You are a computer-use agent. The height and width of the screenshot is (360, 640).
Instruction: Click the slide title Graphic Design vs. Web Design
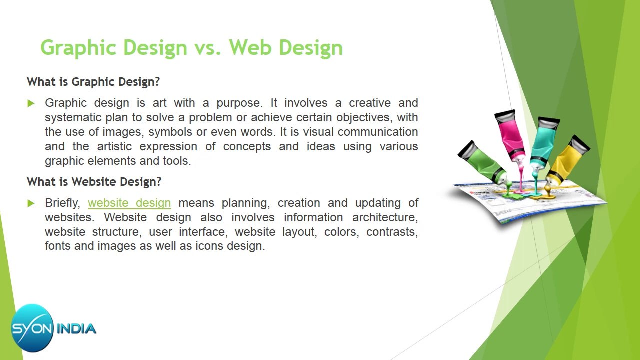point(191,48)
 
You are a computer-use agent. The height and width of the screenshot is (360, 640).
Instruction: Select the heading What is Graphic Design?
point(93,82)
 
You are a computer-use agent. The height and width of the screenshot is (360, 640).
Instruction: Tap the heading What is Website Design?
point(94,182)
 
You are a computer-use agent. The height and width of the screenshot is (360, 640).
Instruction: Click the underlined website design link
point(129,203)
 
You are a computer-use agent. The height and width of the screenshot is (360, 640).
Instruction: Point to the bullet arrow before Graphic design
point(31,103)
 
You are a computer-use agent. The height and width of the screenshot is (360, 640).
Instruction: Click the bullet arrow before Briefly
point(31,203)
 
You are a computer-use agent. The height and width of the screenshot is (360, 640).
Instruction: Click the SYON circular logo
point(32,328)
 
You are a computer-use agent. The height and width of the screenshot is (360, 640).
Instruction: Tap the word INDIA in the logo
point(76,329)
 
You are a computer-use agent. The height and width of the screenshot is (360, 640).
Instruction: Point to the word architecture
point(385,218)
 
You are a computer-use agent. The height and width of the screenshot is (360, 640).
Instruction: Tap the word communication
point(378,132)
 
